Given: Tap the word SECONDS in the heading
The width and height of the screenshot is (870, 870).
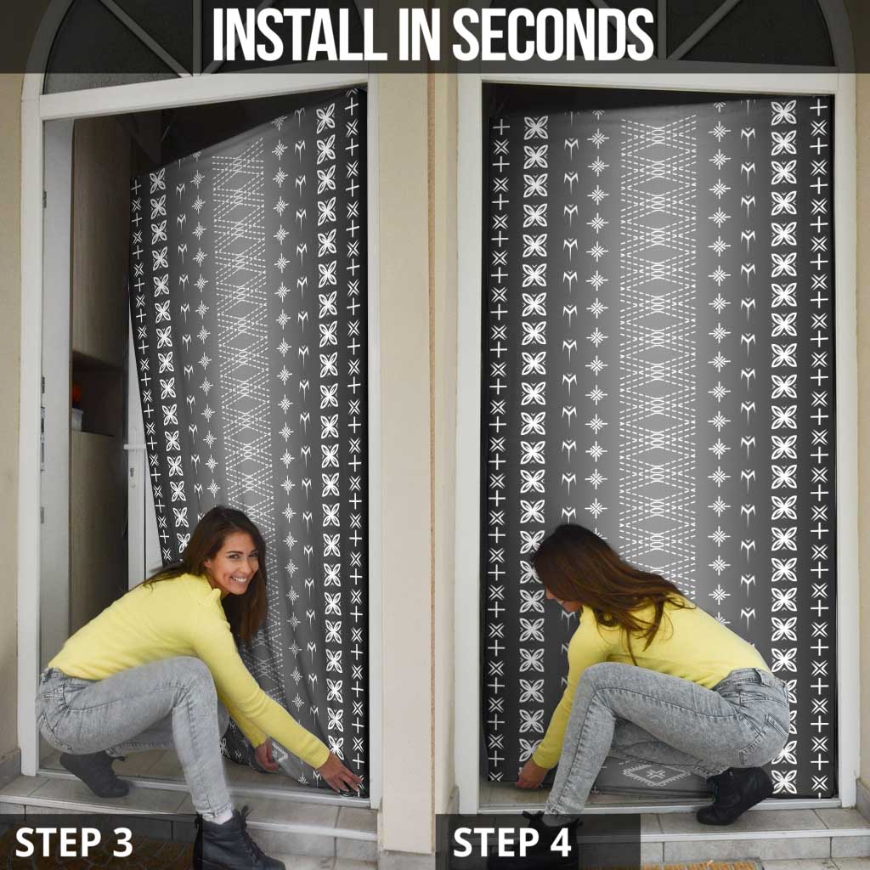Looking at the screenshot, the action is click(x=553, y=34).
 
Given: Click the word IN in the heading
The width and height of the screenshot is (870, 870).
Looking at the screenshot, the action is click(x=412, y=34).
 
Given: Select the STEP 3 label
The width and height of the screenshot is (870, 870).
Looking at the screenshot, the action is click(x=75, y=842).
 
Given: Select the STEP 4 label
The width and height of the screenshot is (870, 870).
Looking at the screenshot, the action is click(x=511, y=842).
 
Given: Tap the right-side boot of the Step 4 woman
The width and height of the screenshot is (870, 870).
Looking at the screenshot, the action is click(x=733, y=796).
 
